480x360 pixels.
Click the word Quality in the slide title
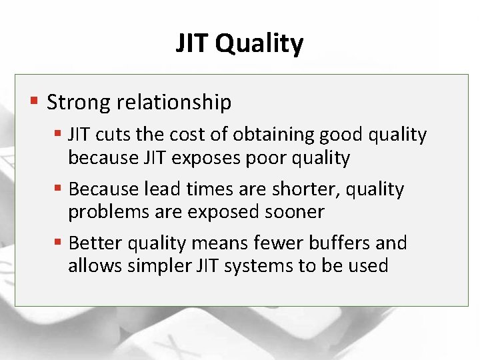[x=260, y=44]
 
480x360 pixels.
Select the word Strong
[x=79, y=102]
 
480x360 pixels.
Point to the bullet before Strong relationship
[x=34, y=102]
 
